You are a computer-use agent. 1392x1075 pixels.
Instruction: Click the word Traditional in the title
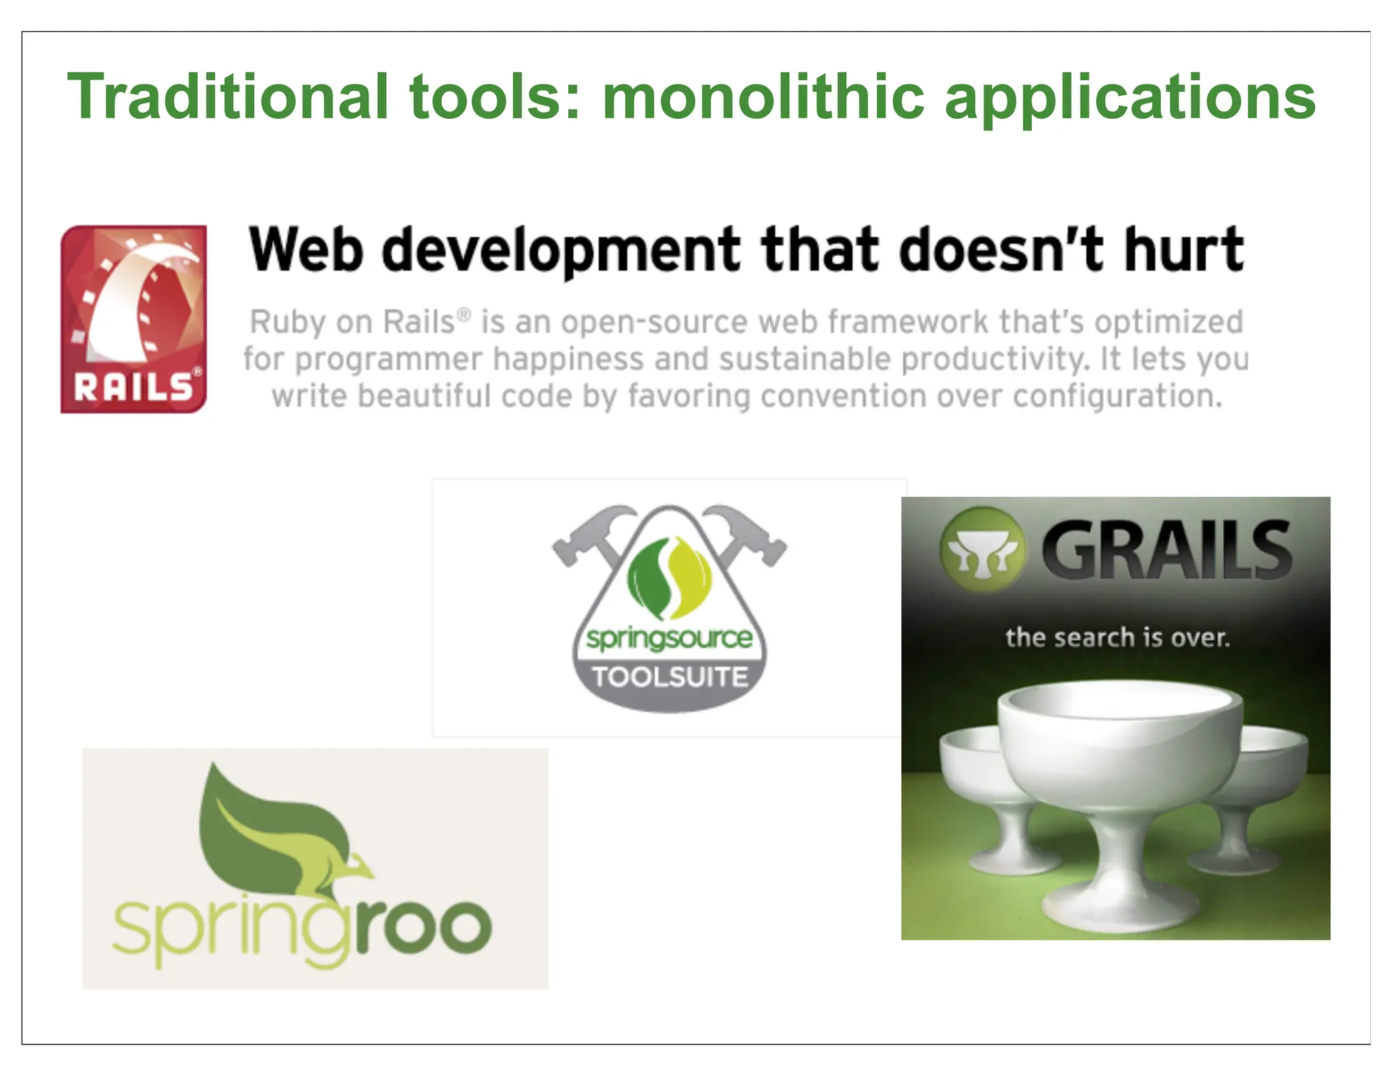point(228,97)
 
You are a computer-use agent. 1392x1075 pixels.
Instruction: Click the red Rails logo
point(133,319)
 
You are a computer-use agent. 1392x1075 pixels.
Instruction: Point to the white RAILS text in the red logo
point(133,388)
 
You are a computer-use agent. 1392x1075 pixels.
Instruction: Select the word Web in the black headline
point(305,249)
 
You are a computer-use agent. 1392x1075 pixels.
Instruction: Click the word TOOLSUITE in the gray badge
point(669,677)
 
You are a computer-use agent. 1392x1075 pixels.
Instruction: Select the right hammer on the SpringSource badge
point(748,533)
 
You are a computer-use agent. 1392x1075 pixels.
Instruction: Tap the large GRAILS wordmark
point(1166,550)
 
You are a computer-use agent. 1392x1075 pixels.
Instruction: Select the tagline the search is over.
point(1117,638)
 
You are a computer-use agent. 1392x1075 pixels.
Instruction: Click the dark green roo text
point(422,928)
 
